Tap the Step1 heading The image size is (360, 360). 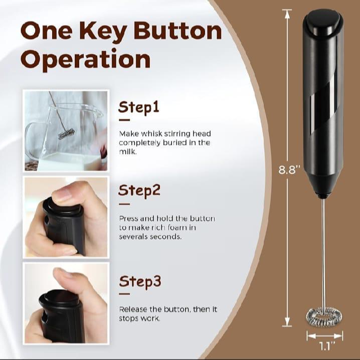(139, 107)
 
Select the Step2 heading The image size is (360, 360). (139, 191)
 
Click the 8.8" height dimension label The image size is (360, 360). (289, 169)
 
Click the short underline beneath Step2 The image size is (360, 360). (124, 204)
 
